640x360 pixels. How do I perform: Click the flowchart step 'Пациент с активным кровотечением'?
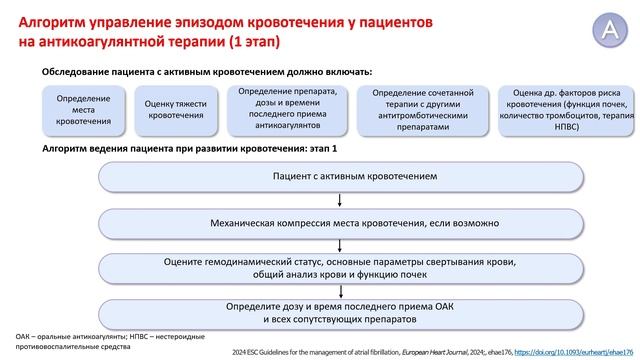click(340, 175)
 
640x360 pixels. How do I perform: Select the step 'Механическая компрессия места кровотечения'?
click(340, 223)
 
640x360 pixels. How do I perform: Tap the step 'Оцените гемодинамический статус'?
click(340, 267)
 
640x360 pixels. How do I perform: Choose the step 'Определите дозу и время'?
click(340, 311)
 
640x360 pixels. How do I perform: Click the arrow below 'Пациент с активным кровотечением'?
click(340, 199)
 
